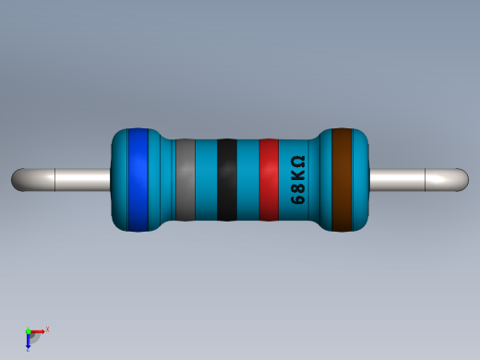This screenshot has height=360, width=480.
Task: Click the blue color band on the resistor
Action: [x=138, y=180]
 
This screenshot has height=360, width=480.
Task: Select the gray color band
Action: [x=185, y=180]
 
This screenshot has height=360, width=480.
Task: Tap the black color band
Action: [x=227, y=180]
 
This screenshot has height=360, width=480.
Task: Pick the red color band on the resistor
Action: [x=269, y=180]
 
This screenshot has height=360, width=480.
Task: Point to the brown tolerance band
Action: [x=343, y=180]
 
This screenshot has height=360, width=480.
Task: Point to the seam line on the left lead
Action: [x=55, y=180]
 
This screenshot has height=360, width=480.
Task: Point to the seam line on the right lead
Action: [x=424, y=180]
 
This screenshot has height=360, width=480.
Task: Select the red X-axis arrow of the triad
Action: [x=39, y=330]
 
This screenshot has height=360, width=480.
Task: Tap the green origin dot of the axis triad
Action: [x=29, y=330]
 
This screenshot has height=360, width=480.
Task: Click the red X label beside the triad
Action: [x=47, y=329]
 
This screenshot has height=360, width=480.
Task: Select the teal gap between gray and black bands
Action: [x=206, y=180]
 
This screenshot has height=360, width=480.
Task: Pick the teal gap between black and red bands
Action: [x=248, y=180]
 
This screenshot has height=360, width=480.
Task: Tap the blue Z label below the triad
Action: [x=29, y=349]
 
